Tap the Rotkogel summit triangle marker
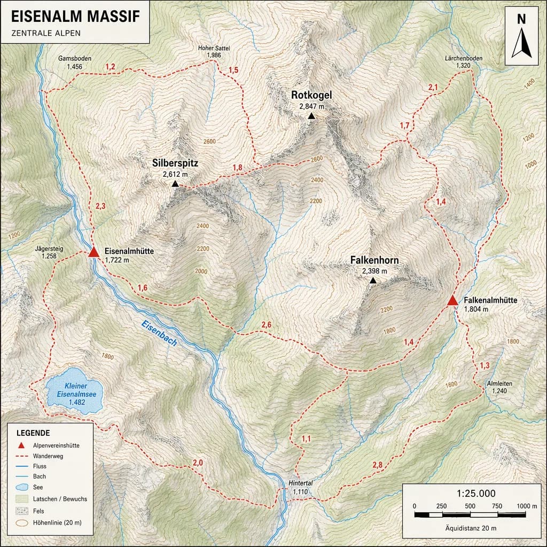pyautogui.click(x=311, y=116)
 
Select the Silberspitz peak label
pyautogui.click(x=175, y=163)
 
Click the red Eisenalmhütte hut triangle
pyautogui.click(x=93, y=252)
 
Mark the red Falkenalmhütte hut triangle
pyautogui.click(x=452, y=301)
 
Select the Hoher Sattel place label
pyautogui.click(x=214, y=48)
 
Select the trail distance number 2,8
pyautogui.click(x=377, y=464)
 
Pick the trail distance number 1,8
pyautogui.click(x=237, y=168)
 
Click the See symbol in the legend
pyautogui.click(x=22, y=487)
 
